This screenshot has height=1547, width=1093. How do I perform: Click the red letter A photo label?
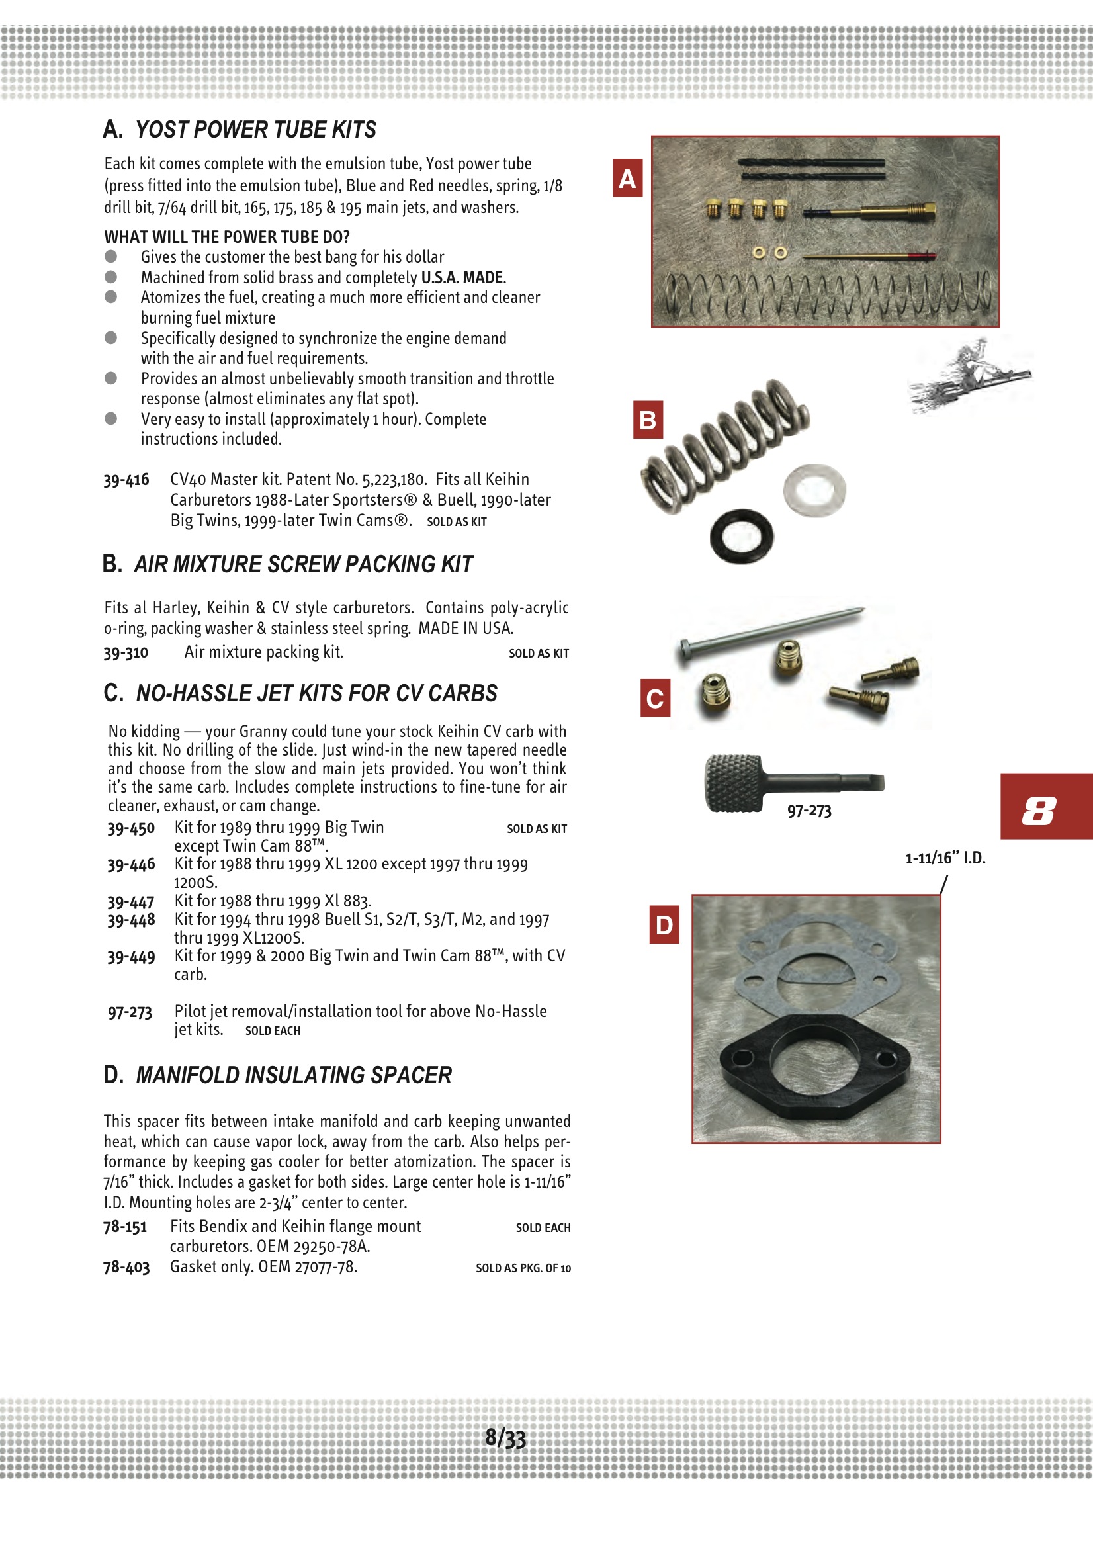[x=627, y=178]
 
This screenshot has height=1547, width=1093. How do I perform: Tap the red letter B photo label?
[x=648, y=420]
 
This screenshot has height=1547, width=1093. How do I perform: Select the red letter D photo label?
[x=664, y=924]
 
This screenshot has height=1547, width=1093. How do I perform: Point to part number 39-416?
[x=126, y=480]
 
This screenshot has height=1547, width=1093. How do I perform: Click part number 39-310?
[x=125, y=652]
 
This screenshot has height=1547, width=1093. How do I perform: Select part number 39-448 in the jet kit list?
[x=131, y=920]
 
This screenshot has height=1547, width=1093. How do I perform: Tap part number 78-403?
[x=126, y=1266]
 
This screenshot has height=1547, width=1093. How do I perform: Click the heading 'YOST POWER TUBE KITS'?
[x=255, y=130]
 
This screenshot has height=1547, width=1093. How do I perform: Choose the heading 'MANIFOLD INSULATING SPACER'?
[x=293, y=1075]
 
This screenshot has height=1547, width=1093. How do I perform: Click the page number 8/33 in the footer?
[x=505, y=1438]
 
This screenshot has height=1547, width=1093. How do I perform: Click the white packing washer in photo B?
[x=814, y=489]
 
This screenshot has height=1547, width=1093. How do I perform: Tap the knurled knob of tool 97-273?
[x=732, y=783]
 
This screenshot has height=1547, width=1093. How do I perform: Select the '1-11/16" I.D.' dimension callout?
[x=945, y=858]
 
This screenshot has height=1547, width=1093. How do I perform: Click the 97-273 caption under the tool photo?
[x=809, y=811]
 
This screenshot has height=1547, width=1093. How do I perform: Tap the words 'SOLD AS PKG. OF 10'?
[x=523, y=1268]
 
